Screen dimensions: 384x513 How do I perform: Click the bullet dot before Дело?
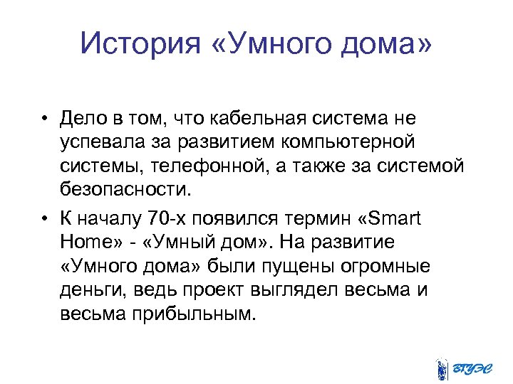pyautogui.click(x=45, y=118)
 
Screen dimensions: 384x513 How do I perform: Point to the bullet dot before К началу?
pyautogui.click(x=45, y=218)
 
